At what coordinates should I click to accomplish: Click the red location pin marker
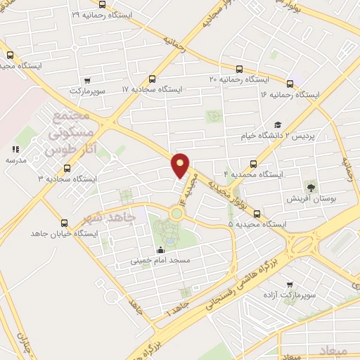(181, 165)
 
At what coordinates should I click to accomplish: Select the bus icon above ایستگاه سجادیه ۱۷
(153, 79)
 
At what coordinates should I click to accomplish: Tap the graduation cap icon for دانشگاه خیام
(277, 124)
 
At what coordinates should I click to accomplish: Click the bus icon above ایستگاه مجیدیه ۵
(256, 214)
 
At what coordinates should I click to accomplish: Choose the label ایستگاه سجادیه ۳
(67, 179)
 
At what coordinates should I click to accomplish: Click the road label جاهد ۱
(172, 310)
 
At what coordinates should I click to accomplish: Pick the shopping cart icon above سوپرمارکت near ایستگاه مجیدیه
(86, 80)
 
